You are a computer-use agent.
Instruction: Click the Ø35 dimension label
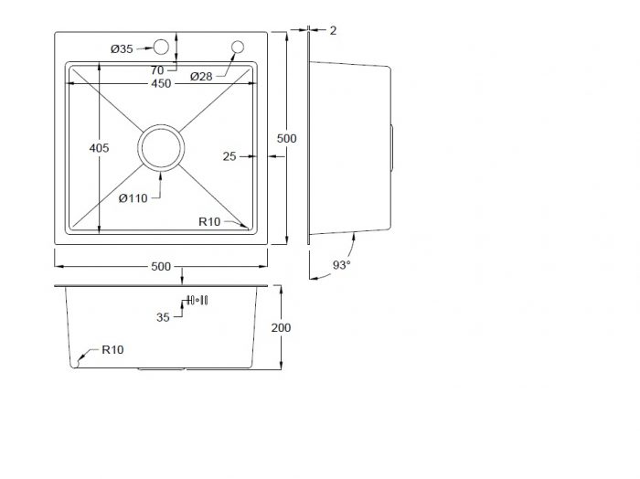(122, 49)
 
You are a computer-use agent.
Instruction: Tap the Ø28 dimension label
(201, 76)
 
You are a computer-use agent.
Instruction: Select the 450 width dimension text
(161, 83)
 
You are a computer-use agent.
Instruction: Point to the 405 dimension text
(99, 148)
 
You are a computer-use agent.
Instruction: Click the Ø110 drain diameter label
(133, 198)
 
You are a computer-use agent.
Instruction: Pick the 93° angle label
(342, 265)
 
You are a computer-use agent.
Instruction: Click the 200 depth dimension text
(282, 327)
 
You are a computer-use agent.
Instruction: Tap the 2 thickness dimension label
(333, 30)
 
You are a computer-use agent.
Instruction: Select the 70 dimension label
(157, 70)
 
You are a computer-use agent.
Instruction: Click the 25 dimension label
(229, 156)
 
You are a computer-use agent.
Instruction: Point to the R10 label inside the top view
(209, 221)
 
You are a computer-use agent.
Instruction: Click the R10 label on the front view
(112, 350)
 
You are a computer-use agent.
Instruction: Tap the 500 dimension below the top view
(161, 266)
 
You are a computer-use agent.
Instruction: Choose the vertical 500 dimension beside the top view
(286, 138)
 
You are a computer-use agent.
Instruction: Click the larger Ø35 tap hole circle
(161, 48)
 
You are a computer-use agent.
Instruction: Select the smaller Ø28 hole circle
(238, 48)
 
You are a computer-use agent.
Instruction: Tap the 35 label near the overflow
(163, 317)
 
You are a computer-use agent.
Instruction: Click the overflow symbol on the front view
(197, 301)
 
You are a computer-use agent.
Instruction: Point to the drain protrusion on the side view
(392, 148)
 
